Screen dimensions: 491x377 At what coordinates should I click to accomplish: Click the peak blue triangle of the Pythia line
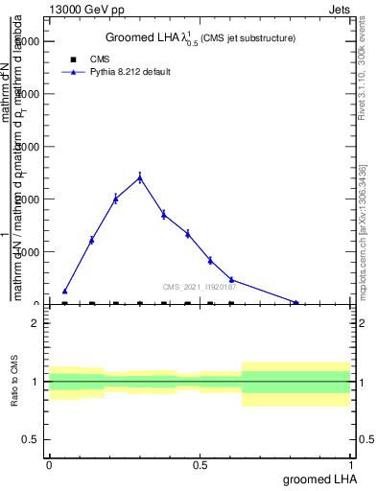(x=140, y=176)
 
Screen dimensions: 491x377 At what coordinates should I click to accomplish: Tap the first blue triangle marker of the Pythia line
(x=64, y=291)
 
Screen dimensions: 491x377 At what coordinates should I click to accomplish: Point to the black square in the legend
(x=73, y=59)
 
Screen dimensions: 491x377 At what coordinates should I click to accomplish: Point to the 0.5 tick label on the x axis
(x=200, y=465)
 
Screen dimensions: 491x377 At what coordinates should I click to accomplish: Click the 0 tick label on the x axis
(x=49, y=465)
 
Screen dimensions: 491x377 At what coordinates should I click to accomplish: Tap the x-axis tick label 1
(x=351, y=465)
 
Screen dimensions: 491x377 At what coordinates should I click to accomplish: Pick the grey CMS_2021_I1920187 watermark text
(x=199, y=286)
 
